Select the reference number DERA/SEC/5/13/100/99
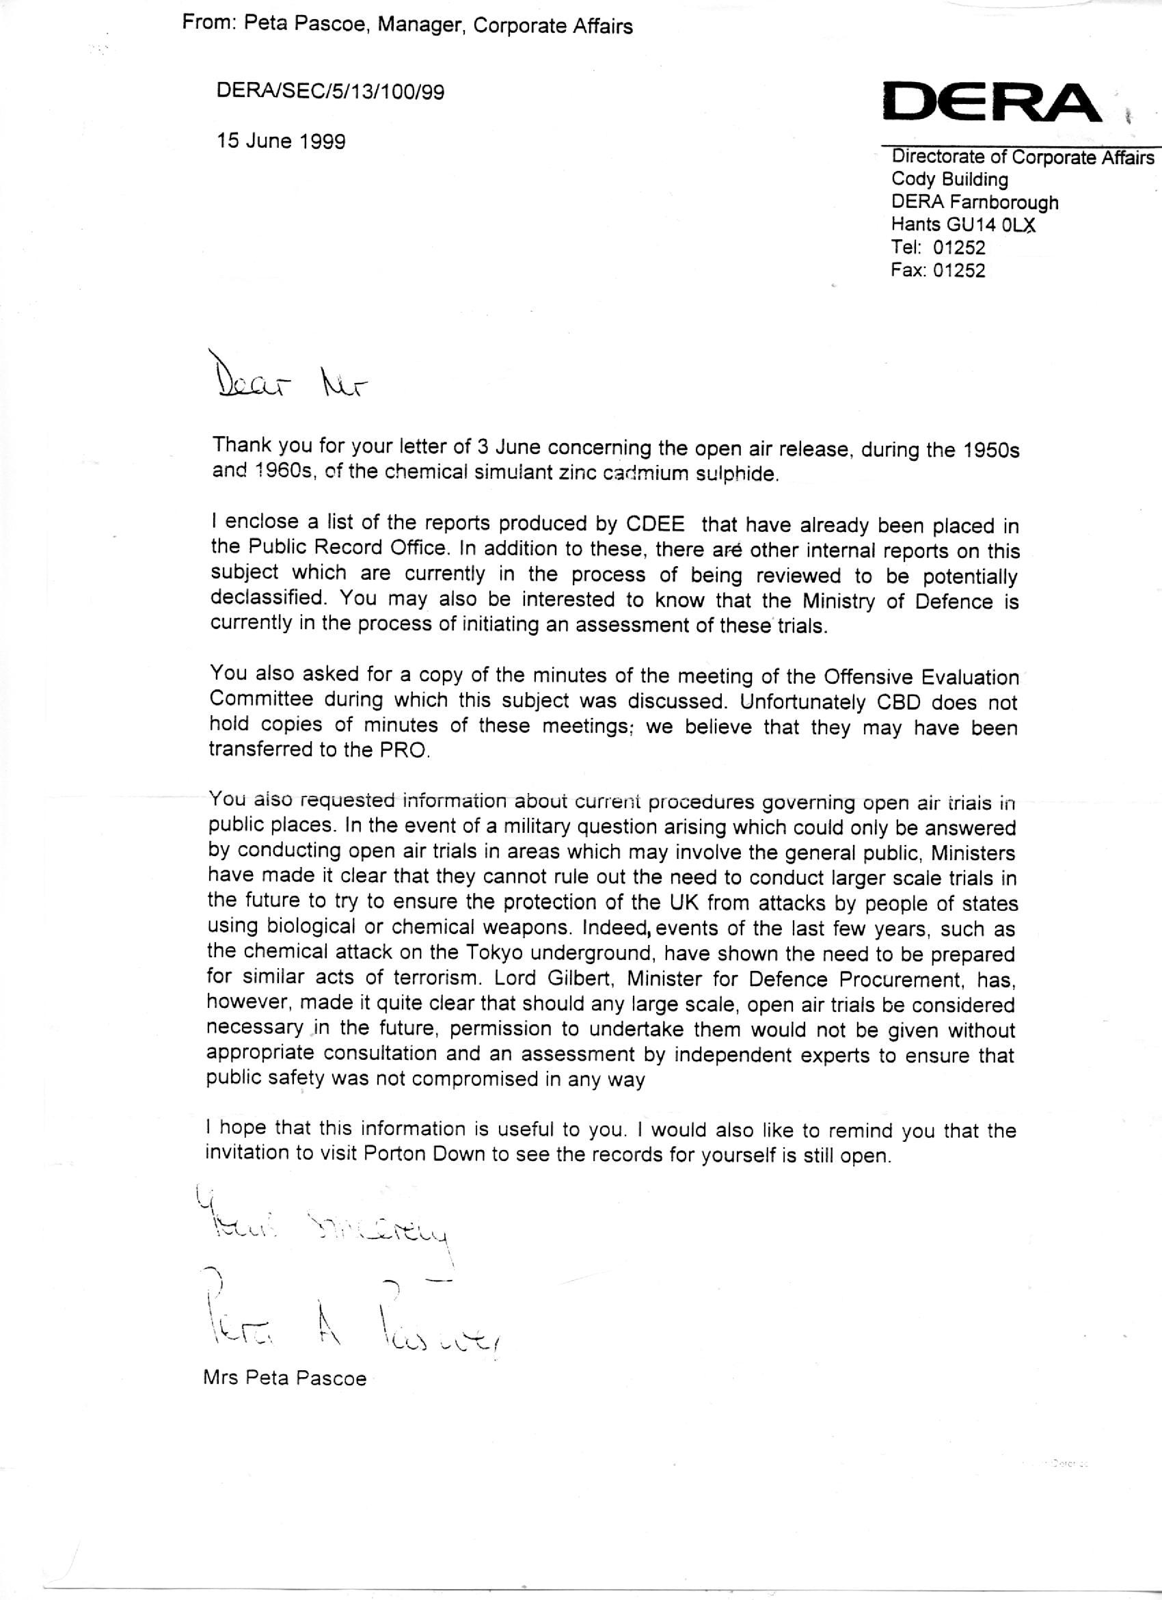331,92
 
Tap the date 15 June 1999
282,141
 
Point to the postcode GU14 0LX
993,225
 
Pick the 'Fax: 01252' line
938,270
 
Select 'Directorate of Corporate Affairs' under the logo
1023,157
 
